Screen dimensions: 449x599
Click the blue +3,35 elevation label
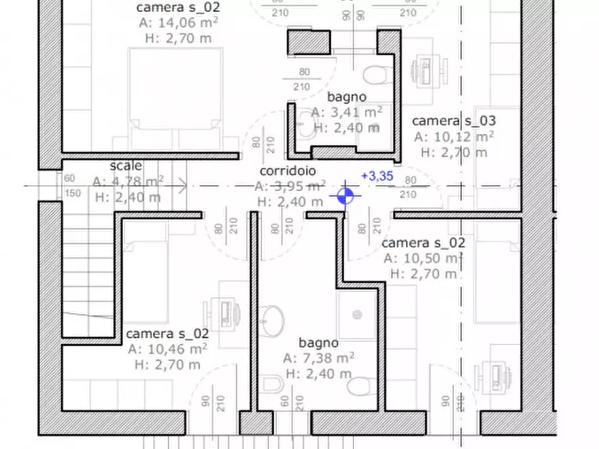coord(376,177)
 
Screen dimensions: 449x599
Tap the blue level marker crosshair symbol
coord(345,196)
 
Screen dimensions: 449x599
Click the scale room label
coord(125,166)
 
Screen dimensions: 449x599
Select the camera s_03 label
coord(453,121)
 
